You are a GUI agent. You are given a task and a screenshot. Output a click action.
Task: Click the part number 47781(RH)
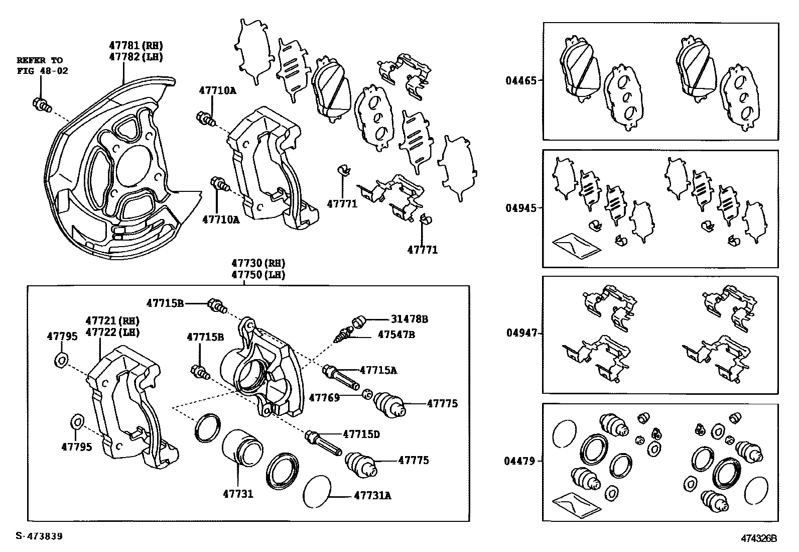[x=136, y=45]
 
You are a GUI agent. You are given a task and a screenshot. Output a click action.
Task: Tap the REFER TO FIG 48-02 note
[x=42, y=65]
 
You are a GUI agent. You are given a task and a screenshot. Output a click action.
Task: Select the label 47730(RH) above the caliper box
[x=258, y=263]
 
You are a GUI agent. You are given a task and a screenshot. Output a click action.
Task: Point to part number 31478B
[x=410, y=319]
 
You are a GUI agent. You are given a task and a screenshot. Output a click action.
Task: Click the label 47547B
[x=396, y=334]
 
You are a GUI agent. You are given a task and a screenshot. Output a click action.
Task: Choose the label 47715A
[x=378, y=370]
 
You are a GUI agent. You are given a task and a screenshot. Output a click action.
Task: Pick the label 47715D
[x=361, y=433]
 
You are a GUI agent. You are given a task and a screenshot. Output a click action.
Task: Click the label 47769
[x=324, y=397]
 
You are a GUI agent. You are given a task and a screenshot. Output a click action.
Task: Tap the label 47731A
[x=372, y=496]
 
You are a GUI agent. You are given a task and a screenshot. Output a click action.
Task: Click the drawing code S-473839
[x=39, y=536]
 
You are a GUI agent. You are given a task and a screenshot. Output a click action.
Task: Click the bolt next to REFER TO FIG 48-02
[x=41, y=105]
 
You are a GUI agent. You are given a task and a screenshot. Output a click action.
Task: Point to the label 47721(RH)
[x=112, y=320]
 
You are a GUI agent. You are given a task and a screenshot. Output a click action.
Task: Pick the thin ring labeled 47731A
[x=317, y=491]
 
